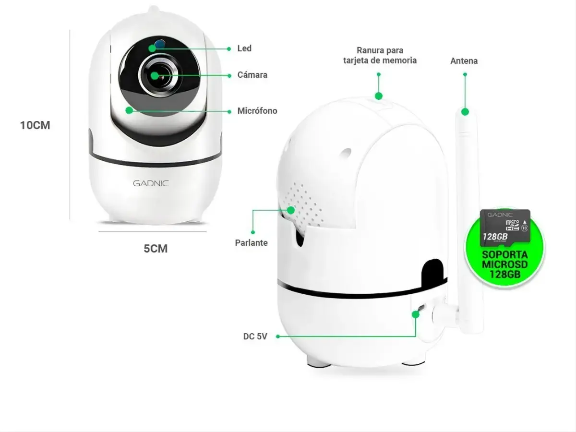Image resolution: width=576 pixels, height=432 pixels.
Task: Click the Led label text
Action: click(244, 48)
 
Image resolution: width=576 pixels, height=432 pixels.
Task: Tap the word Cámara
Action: click(252, 75)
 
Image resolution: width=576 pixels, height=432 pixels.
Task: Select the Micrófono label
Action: click(257, 111)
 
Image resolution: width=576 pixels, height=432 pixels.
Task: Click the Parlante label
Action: click(251, 243)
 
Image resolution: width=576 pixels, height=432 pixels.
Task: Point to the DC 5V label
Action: click(255, 336)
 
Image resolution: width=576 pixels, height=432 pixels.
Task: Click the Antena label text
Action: click(464, 61)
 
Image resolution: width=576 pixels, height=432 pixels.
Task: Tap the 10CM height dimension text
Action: click(35, 125)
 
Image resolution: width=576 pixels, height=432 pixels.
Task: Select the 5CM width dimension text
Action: click(156, 249)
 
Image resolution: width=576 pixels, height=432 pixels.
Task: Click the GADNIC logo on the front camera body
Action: click(151, 183)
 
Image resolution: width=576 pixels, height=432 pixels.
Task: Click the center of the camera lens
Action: click(158, 76)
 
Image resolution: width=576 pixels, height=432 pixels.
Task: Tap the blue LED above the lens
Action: click(159, 44)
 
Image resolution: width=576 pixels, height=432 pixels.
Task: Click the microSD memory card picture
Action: click(505, 228)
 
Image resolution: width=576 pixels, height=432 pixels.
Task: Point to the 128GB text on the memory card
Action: click(495, 237)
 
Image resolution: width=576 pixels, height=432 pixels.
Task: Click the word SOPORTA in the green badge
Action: click(504, 255)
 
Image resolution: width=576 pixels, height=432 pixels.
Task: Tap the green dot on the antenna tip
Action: click(465, 112)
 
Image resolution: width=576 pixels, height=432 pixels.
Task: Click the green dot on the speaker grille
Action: click(291, 210)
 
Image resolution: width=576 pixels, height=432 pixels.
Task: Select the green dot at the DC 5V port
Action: click(416, 314)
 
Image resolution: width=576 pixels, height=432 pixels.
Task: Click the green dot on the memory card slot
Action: click(378, 96)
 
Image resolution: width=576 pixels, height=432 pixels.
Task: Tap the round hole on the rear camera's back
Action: click(345, 153)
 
